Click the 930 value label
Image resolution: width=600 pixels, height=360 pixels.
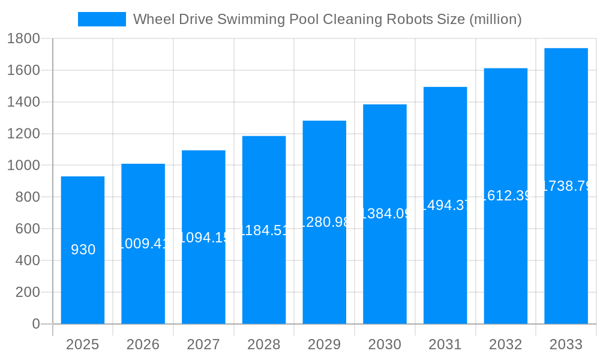83,250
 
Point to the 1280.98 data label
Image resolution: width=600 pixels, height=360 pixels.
325,222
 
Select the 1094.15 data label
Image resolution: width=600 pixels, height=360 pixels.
203,238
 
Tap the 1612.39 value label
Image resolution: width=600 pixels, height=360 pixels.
506,196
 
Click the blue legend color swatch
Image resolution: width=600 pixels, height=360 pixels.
102,19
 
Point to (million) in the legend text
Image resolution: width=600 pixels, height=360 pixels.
495,19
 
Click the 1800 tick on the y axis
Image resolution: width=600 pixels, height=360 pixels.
23,39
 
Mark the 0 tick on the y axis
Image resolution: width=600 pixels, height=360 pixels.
35,324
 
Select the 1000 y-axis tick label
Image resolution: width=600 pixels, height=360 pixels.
23,166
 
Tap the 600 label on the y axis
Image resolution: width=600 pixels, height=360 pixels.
27,229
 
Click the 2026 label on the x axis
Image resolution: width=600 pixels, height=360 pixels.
143,344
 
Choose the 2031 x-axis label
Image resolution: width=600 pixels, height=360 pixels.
445,344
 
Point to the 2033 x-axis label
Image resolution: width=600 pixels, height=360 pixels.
566,344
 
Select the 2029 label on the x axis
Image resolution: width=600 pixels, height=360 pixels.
325,344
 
